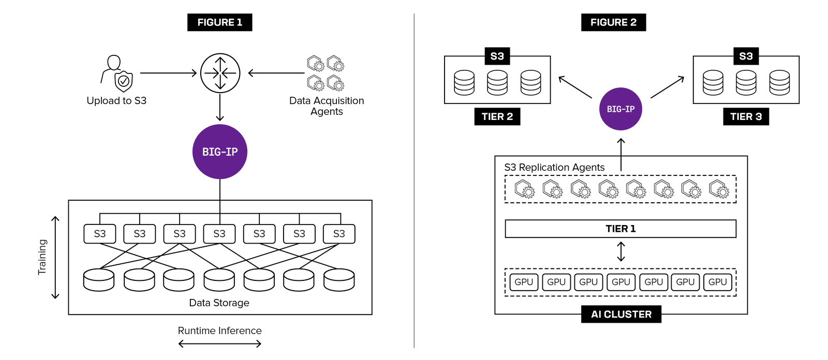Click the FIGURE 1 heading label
[219, 22]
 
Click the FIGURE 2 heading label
[613, 22]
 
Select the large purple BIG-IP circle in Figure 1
[220, 152]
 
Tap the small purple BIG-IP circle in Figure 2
[620, 109]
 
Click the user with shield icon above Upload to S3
[117, 73]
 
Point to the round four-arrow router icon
[220, 73]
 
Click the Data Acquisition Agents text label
[327, 106]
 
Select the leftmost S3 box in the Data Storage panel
[100, 234]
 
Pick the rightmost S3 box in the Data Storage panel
[339, 234]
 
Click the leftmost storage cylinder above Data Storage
[99, 280]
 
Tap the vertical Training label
[42, 257]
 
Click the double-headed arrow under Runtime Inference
[220, 343]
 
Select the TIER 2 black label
[497, 116]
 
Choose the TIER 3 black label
[746, 116]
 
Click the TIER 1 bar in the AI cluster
[620, 229]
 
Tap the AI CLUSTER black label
[621, 314]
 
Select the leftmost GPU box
[524, 282]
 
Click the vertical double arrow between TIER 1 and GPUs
[621, 252]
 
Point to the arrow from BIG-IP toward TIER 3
[668, 87]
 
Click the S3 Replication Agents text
[554, 167]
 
